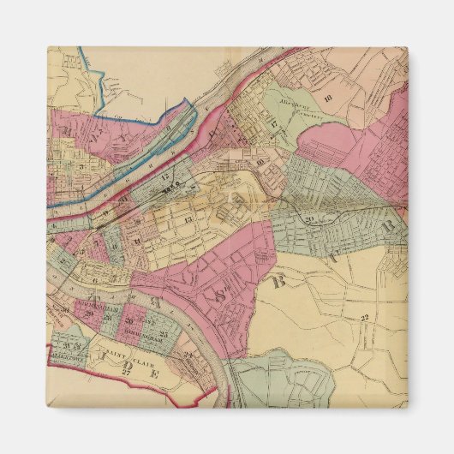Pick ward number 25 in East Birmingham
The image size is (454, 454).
[x=160, y=332]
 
